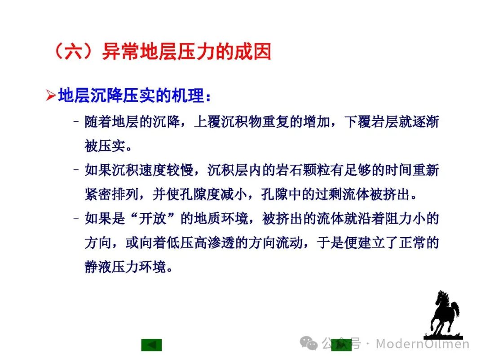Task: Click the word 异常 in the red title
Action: click(121, 51)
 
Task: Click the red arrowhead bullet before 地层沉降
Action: click(51, 95)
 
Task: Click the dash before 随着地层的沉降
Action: click(76, 121)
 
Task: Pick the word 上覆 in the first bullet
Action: click(207, 121)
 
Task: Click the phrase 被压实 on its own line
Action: click(105, 146)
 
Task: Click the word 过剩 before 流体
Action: click(328, 194)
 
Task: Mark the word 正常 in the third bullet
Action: click(412, 242)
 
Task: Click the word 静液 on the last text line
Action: click(98, 267)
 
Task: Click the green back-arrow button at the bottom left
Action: click(152, 345)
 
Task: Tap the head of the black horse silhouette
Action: click(442, 297)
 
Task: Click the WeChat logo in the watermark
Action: click(309, 343)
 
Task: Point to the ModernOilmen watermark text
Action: click(423, 344)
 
